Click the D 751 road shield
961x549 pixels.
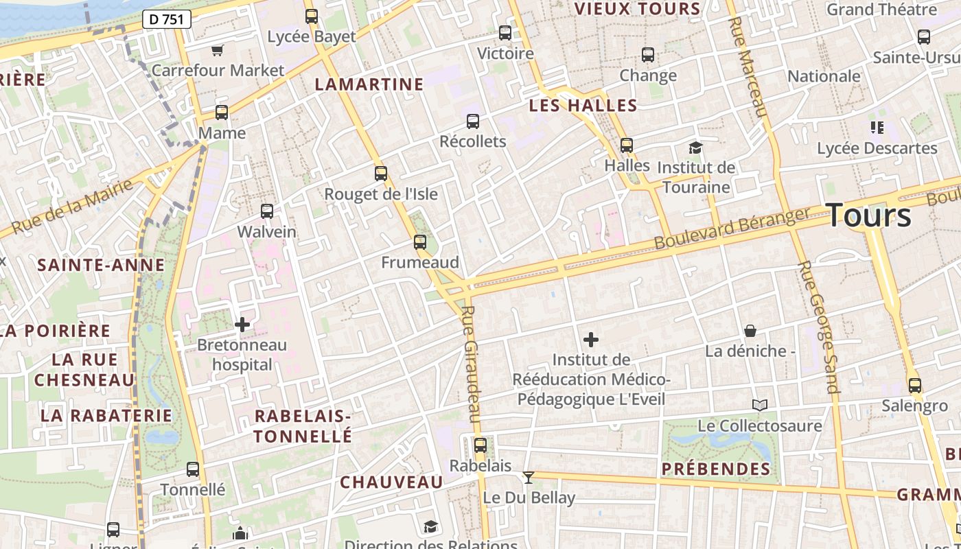point(166,19)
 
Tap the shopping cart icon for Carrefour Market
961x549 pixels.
point(218,49)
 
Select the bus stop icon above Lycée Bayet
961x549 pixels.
point(312,16)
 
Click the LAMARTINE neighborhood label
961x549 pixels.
point(369,84)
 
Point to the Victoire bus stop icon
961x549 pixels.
point(505,32)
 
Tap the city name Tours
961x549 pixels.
point(869,215)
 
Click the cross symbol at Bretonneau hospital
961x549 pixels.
point(242,324)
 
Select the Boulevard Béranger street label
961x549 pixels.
point(732,229)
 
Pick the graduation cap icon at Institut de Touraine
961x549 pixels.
point(695,147)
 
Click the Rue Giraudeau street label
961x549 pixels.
point(470,364)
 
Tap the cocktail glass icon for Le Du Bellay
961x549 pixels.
point(529,477)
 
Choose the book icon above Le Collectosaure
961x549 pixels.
point(759,405)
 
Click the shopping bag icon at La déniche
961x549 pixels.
point(750,331)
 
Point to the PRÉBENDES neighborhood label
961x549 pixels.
point(716,469)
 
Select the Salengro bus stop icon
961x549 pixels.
point(914,385)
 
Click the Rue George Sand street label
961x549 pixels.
point(818,327)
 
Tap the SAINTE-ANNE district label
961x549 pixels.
point(101,265)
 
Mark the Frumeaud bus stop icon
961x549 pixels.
point(420,242)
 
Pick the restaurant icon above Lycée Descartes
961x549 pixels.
point(877,127)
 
